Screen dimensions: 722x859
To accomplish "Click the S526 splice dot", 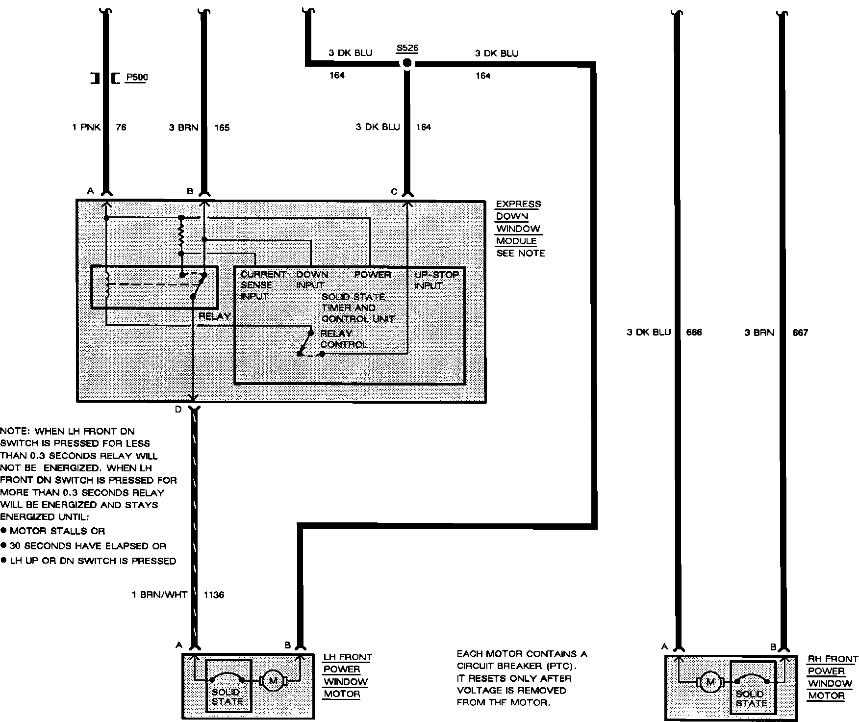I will coord(406,63).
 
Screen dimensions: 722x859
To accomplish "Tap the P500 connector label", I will coord(137,77).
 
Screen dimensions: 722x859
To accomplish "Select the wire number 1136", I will coord(214,595).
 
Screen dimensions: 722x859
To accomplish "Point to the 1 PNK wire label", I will coord(86,128).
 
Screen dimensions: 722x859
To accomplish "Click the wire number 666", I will coord(694,333).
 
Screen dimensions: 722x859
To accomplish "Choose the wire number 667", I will coord(800,333).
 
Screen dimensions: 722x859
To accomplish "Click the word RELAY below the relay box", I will coord(214,316).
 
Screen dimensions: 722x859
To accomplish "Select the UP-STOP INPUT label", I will coord(436,280).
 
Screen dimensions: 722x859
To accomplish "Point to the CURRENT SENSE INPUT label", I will coord(263,285).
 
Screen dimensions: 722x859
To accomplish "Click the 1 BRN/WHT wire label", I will coord(160,595).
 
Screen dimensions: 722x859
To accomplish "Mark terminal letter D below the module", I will coord(178,410).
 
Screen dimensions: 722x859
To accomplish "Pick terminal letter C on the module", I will coord(394,192).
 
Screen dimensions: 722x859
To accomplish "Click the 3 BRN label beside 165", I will coord(184,128).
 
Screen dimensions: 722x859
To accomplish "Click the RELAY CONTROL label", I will coord(343,339).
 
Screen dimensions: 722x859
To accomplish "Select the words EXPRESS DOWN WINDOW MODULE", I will coord(518,223).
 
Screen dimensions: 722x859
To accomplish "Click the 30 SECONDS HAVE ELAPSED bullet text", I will coord(88,546).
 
